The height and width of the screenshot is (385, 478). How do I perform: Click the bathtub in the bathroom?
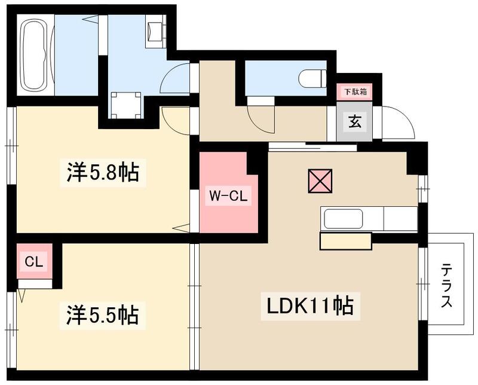tap(37, 56)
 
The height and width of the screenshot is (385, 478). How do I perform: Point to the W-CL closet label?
tap(224, 195)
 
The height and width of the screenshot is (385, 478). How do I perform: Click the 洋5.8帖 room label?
tap(102, 173)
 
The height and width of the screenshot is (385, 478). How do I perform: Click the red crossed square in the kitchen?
tap(320, 182)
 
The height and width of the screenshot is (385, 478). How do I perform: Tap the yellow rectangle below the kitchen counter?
tap(345, 242)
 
